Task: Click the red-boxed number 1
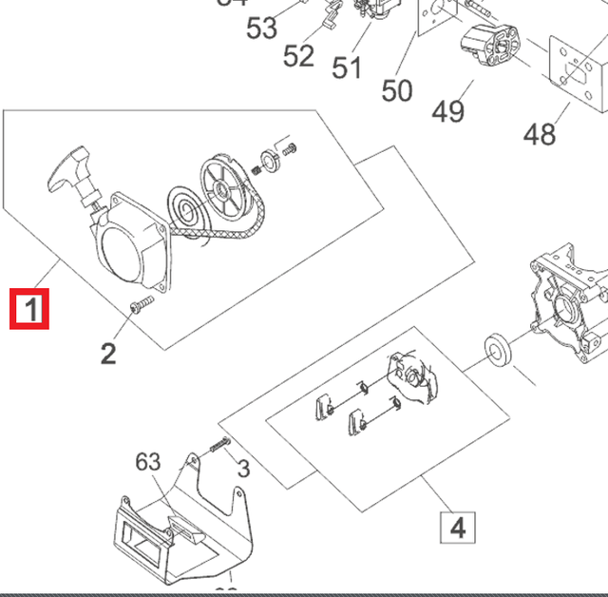coord(30,310)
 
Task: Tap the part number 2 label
coord(109,354)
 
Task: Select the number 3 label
coord(243,468)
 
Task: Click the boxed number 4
coord(457,526)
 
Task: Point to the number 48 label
coord(540,134)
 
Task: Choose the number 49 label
coord(448,111)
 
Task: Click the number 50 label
coord(397,90)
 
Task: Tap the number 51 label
coord(347,68)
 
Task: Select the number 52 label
coord(298,56)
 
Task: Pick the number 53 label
coord(262,29)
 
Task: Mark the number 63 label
coord(147,462)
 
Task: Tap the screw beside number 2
coord(141,303)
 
